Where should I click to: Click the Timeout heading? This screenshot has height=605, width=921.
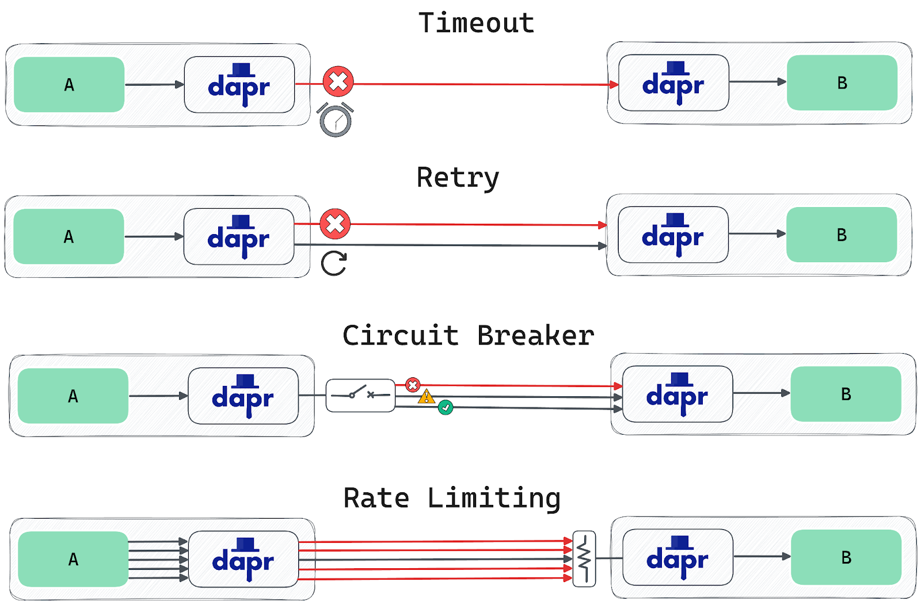tap(476, 24)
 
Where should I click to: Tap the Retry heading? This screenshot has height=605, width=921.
tap(458, 177)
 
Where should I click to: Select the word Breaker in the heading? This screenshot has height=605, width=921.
tap(535, 335)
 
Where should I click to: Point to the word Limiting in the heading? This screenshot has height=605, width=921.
tap(494, 498)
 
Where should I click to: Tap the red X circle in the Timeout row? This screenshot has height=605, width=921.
tap(338, 81)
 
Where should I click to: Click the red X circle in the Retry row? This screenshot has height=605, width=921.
tap(335, 224)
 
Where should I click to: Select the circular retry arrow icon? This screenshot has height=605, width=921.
tap(334, 264)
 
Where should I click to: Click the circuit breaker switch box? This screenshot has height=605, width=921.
tap(360, 395)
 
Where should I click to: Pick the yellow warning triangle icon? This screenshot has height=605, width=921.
tap(427, 396)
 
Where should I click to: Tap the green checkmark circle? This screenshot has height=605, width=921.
tap(446, 408)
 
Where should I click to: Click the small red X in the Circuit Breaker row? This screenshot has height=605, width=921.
tap(413, 385)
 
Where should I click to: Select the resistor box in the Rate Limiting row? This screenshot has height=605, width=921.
tap(584, 558)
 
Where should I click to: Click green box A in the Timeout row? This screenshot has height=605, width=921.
tap(69, 85)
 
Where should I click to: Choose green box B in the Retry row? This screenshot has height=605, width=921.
tap(842, 235)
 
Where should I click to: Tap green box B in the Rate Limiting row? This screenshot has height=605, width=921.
tap(846, 557)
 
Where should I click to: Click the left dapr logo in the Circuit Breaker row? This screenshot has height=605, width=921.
tap(243, 396)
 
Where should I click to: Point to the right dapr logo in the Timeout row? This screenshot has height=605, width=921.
tap(673, 83)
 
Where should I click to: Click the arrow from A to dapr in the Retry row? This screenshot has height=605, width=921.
tap(154, 236)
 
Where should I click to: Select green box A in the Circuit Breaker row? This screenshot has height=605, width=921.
tap(73, 396)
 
